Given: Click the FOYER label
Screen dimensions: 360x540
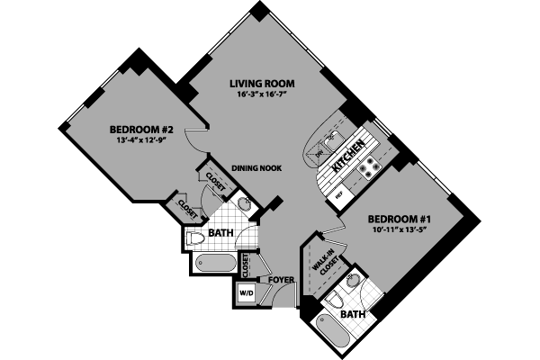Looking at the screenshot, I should pyautogui.click(x=282, y=280).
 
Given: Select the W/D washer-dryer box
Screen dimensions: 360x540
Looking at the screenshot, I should pyautogui.click(x=246, y=293).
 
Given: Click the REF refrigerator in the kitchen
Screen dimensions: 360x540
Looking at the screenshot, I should pyautogui.click(x=340, y=193).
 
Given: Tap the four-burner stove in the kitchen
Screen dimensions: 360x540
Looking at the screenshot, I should pyautogui.click(x=368, y=166).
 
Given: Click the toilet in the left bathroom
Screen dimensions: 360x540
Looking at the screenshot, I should pyautogui.click(x=196, y=238).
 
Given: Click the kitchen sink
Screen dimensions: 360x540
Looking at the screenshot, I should pyautogui.click(x=333, y=136).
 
